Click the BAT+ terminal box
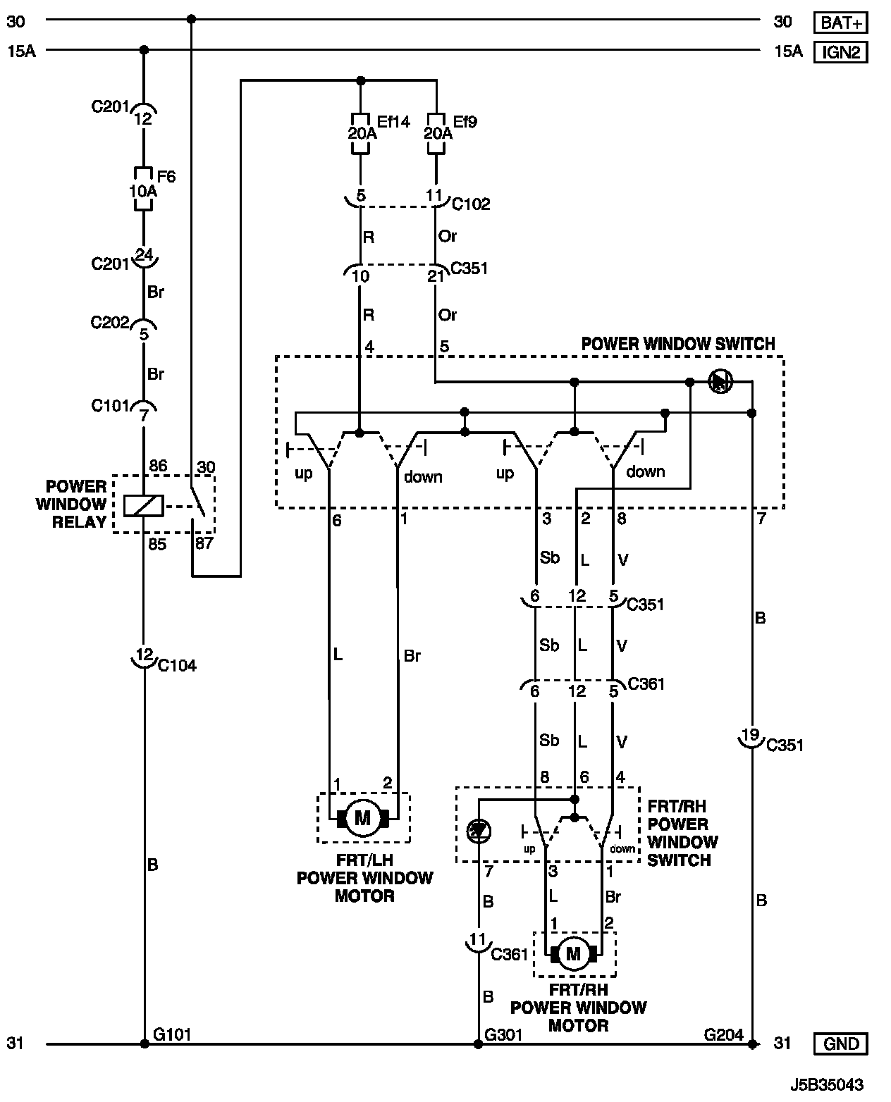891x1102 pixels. point(840,23)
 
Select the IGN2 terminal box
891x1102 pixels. point(840,52)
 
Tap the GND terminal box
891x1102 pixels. point(840,1043)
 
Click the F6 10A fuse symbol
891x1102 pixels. point(144,190)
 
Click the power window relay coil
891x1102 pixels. point(144,504)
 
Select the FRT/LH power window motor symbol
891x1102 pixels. point(362,818)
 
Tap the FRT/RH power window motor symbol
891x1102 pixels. point(573,954)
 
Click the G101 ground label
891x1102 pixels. point(171,1034)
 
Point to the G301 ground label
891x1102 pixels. point(503,1034)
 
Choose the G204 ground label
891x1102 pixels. point(723,1034)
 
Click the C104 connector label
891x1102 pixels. point(177,665)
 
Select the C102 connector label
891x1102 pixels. point(471,204)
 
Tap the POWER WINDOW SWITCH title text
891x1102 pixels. point(677,344)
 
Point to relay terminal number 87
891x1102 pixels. point(204,543)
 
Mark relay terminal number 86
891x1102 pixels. point(157,466)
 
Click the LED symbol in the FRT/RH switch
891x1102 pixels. point(479,831)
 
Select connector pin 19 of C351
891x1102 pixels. point(751,735)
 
